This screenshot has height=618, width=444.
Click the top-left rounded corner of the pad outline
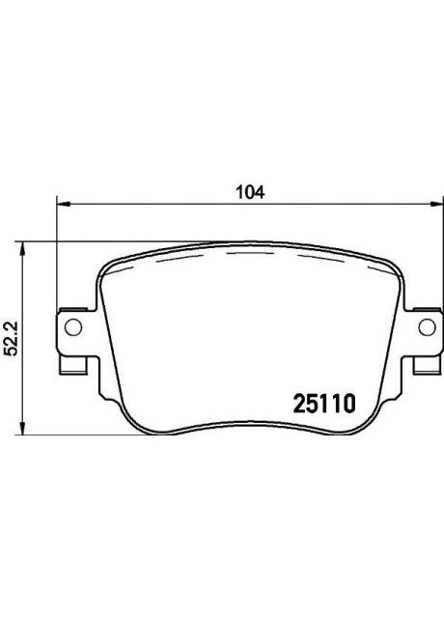pyautogui.click(x=106, y=271)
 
